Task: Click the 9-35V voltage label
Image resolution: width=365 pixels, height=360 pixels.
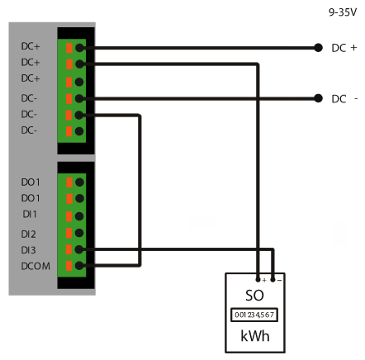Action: [343, 12]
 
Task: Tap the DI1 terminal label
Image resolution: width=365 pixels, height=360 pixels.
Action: [30, 214]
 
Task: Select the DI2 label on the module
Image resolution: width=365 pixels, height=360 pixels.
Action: [28, 234]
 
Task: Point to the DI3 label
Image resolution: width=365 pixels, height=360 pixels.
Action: [28, 250]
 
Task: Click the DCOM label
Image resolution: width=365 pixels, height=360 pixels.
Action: [36, 266]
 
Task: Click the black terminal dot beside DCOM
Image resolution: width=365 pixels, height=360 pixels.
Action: [79, 266]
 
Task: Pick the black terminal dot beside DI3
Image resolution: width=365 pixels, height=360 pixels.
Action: [79, 249]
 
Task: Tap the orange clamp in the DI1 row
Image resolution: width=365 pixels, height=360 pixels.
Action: [69, 216]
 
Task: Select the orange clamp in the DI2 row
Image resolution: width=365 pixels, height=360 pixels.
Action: [69, 233]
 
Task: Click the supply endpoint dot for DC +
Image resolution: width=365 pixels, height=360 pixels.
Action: [318, 48]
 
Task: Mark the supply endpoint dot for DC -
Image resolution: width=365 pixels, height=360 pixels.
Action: [318, 98]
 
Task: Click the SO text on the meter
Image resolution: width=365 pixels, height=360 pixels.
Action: [254, 296]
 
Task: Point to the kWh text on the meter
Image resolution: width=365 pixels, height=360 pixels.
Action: [255, 336]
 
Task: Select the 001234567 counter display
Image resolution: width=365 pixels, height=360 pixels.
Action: [254, 315]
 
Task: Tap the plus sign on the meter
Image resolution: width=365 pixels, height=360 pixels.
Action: [264, 280]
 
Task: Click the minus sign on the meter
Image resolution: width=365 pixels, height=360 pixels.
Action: [279, 281]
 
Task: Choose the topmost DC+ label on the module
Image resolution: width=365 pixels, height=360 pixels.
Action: [31, 46]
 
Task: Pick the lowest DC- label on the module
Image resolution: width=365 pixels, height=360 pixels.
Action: [29, 130]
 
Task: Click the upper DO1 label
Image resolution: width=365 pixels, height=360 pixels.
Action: [31, 182]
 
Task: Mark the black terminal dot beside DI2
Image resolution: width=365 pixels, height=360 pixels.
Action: [79, 233]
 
